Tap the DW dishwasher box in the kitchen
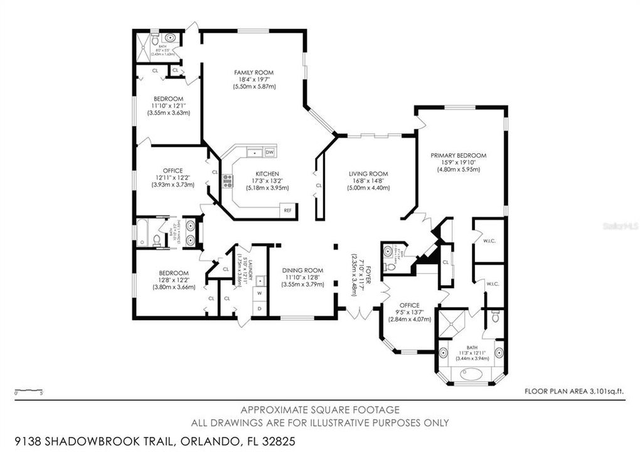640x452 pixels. [270, 152]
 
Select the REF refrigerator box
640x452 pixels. [288, 210]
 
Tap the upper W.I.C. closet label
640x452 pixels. [489, 240]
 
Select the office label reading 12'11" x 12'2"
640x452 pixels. [173, 178]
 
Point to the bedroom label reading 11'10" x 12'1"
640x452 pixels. [168, 105]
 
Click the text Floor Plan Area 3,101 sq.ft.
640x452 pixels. [575, 391]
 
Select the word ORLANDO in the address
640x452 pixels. [211, 442]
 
